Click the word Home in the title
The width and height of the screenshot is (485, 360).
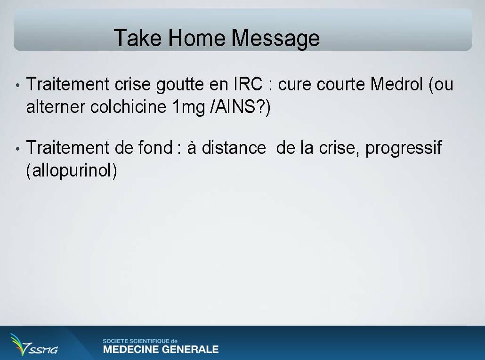point(197,38)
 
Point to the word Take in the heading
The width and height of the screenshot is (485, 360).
point(138,38)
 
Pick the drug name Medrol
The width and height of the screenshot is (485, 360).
point(396,84)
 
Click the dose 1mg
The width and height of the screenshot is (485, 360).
point(189,108)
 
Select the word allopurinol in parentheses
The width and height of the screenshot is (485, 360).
point(72,170)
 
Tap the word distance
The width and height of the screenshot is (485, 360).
point(234,147)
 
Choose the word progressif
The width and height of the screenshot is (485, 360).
point(404,148)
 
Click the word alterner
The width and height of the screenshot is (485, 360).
point(56,107)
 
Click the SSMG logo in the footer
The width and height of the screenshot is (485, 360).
point(33,344)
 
